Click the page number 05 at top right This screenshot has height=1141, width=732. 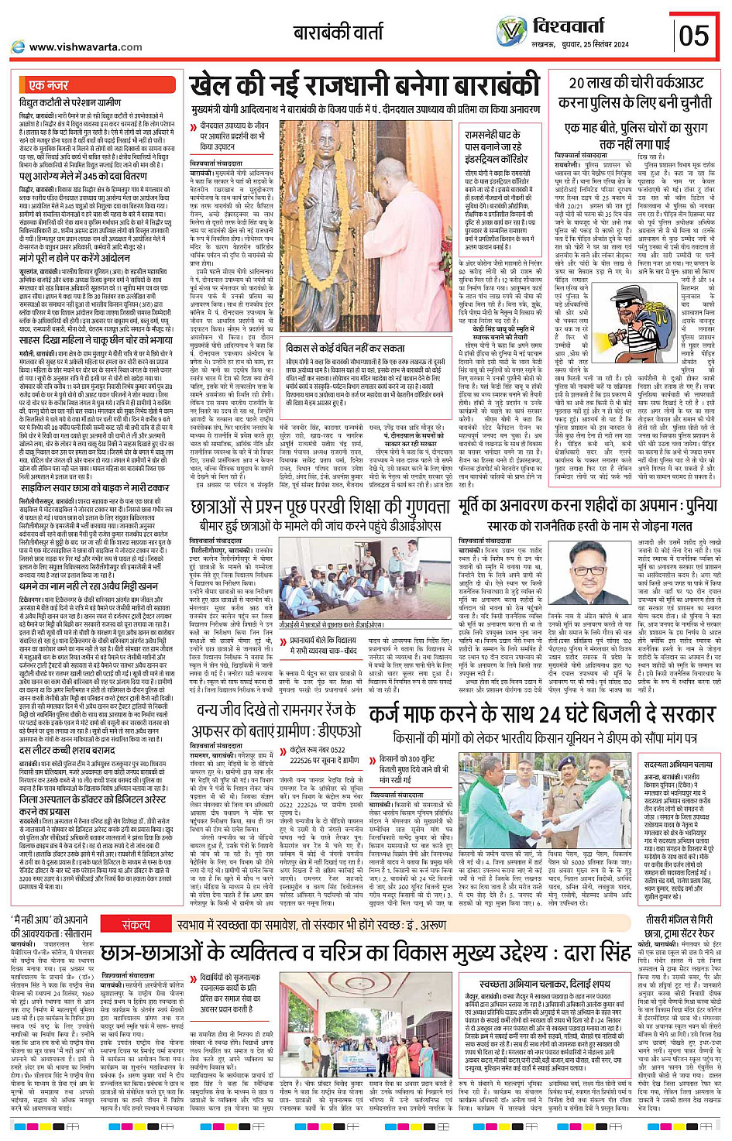point(694,35)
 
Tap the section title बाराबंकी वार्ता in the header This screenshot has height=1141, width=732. point(338,33)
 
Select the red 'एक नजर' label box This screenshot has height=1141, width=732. point(50,84)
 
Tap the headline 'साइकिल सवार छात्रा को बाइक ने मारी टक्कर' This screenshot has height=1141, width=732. point(94,488)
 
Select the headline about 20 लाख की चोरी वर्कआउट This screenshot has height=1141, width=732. point(636,92)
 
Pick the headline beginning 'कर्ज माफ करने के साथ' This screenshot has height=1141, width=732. point(541,713)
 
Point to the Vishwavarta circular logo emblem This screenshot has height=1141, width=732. point(511,30)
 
